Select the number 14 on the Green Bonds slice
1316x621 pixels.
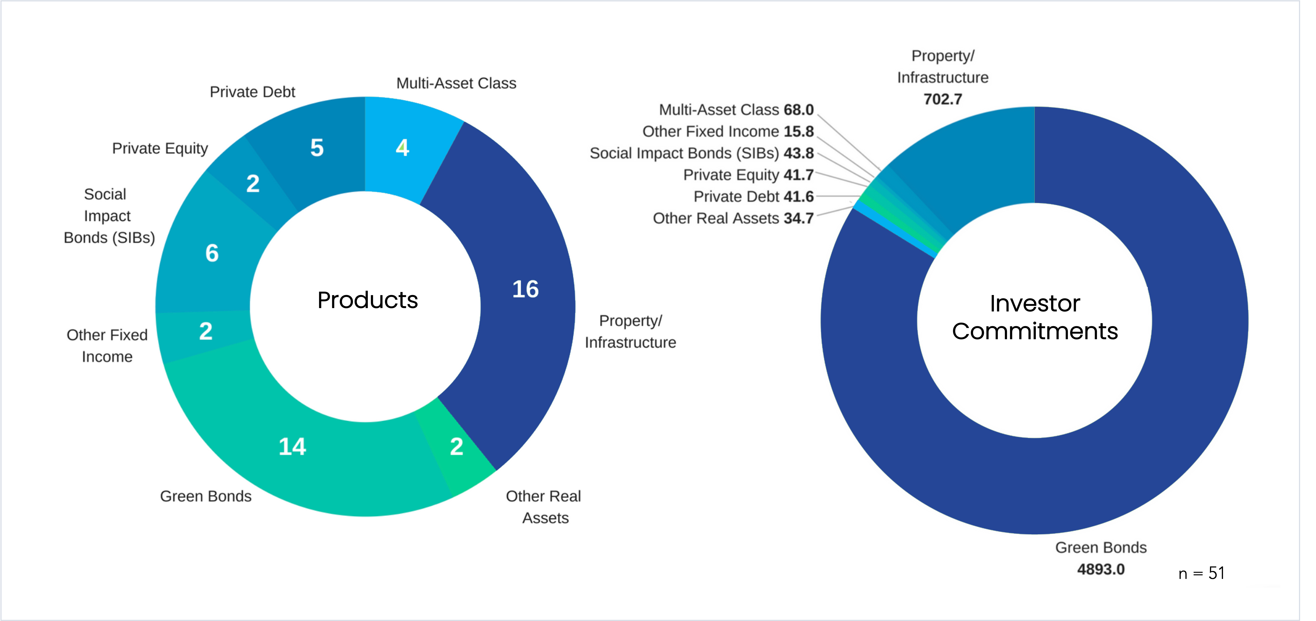(292, 447)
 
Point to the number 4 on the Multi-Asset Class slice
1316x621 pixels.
(403, 148)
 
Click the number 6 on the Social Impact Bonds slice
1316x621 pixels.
(212, 253)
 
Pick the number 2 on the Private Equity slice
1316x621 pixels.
(253, 184)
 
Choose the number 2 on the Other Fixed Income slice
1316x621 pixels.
(206, 331)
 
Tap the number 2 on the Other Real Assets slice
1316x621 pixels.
(457, 447)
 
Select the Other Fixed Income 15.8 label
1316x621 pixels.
(728, 131)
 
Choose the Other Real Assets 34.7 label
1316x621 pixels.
(733, 218)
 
